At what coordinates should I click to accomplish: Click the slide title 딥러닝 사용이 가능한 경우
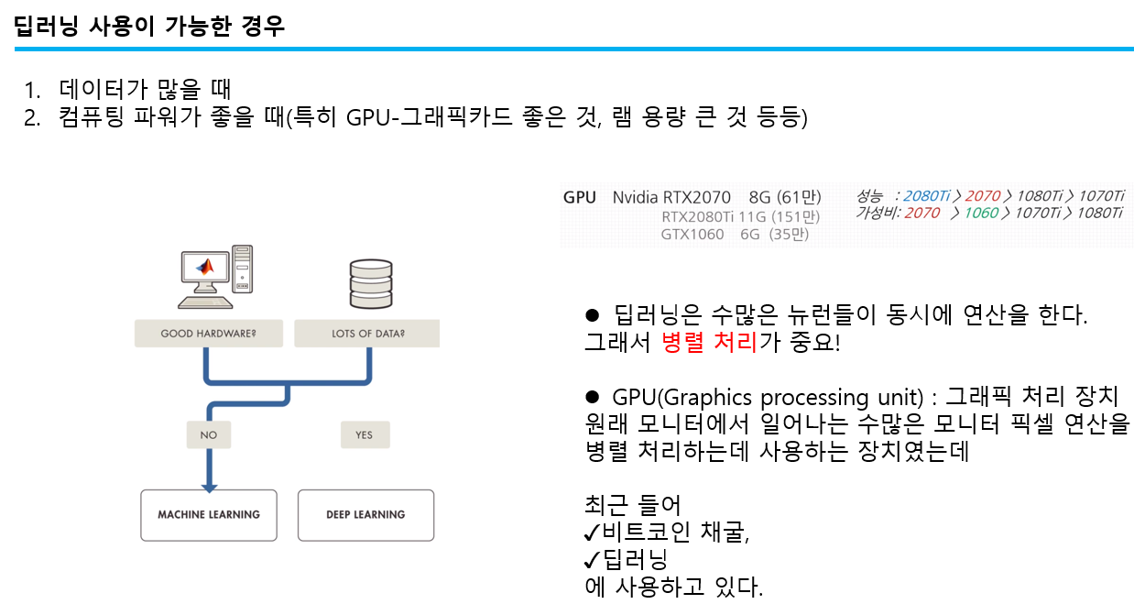click(x=150, y=26)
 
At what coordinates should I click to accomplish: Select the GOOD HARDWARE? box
click(x=208, y=334)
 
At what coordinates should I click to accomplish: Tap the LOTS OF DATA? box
click(x=367, y=334)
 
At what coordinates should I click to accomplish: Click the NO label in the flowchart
click(x=209, y=434)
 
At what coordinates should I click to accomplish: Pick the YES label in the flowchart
click(x=365, y=434)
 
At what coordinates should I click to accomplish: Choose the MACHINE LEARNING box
click(x=209, y=514)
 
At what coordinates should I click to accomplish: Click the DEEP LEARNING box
click(x=365, y=514)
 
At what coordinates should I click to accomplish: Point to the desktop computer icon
click(x=215, y=275)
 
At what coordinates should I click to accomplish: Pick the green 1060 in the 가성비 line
click(x=981, y=213)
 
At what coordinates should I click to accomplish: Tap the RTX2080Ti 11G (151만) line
click(x=740, y=216)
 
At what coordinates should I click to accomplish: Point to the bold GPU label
click(x=579, y=197)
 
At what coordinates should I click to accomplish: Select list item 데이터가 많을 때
click(x=145, y=90)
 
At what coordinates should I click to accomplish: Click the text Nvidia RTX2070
click(x=671, y=197)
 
